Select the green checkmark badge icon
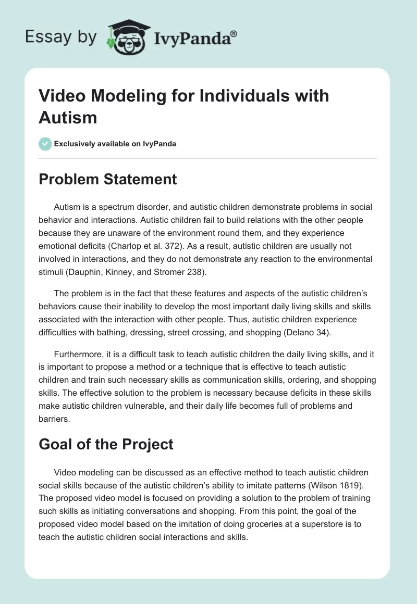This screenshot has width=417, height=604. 45,144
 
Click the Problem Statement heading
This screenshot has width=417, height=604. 108,180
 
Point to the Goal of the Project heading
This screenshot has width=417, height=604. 106,444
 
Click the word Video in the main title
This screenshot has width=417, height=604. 62,96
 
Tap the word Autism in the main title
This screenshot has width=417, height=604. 68,117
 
